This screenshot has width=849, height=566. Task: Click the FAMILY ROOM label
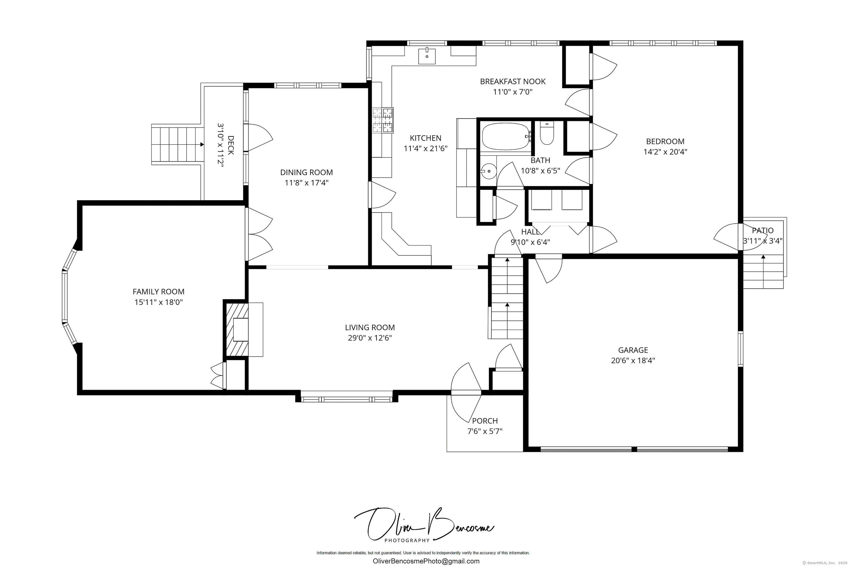[x=158, y=292]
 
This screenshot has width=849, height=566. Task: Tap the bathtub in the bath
[x=505, y=137]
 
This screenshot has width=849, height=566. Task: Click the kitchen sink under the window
[x=427, y=56]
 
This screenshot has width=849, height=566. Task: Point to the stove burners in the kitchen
[x=382, y=120]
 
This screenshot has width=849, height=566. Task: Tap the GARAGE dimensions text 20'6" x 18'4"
[x=633, y=360]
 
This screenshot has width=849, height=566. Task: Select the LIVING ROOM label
[x=370, y=327]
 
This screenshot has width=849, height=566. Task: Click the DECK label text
[x=231, y=145]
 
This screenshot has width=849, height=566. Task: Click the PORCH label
[x=485, y=421]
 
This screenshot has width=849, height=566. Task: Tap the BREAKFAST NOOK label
[x=513, y=82]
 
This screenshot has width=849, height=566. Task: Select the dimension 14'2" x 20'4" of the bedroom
[x=665, y=152]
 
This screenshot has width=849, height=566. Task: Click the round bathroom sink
[x=488, y=169]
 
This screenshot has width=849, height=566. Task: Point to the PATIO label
[x=763, y=230]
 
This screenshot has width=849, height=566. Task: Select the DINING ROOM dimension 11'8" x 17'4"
[x=306, y=183]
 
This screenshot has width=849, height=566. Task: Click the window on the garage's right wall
[x=740, y=349]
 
